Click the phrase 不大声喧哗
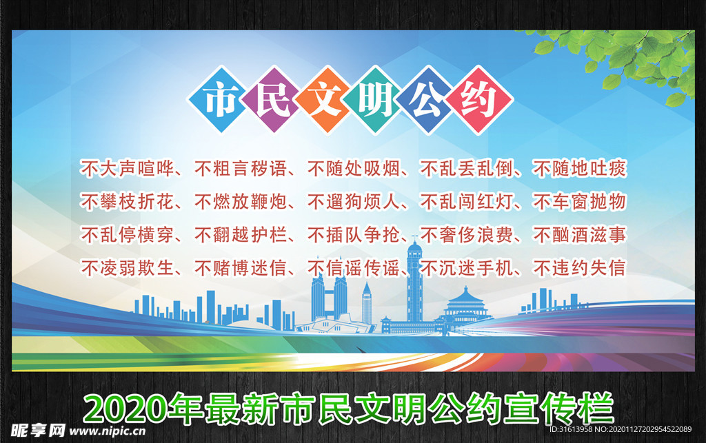tap(125, 168)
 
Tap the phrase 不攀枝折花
tap(125, 202)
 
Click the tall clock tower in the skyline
tap(414, 282)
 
